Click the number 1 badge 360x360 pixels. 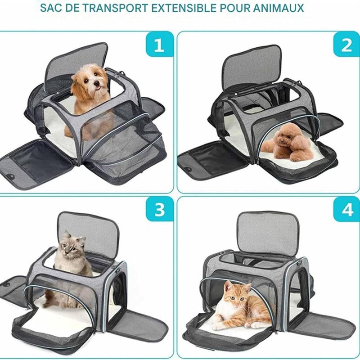(x=160, y=44)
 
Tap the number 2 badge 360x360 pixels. (x=346, y=44)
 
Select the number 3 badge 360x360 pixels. (x=160, y=209)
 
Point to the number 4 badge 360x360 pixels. (x=346, y=209)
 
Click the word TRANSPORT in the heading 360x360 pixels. (x=115, y=8)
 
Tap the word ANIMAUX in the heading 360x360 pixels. (x=279, y=8)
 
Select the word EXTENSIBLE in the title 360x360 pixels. (x=184, y=8)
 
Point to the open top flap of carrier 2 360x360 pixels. (x=252, y=69)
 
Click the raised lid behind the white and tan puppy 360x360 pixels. (x=76, y=64)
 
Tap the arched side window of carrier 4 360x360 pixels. (x=299, y=289)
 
